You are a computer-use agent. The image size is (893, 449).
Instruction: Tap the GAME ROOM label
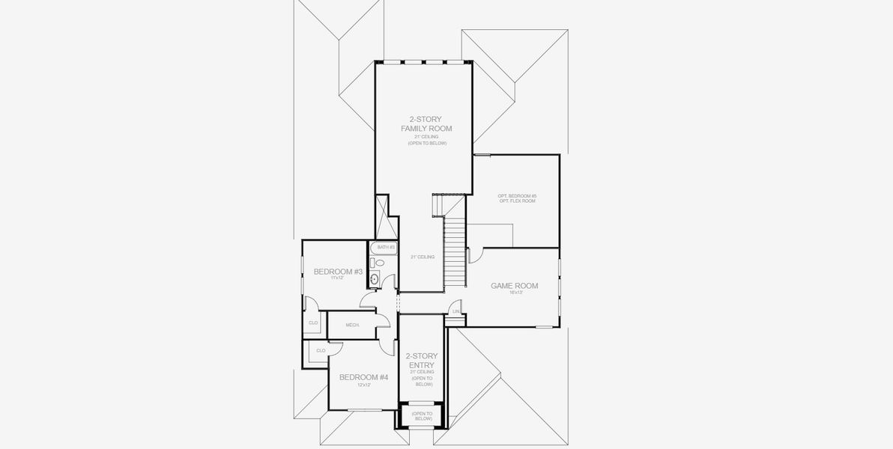[514, 286]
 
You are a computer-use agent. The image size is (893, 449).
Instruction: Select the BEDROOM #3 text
[338, 271]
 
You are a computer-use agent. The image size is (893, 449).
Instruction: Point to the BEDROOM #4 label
[363, 377]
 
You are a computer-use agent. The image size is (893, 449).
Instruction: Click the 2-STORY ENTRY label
[422, 361]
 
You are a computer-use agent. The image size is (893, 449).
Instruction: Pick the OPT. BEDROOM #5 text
[517, 196]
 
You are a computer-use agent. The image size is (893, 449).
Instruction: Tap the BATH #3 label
[386, 247]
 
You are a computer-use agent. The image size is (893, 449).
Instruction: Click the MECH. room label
[352, 325]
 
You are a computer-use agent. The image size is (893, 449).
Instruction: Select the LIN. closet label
[455, 311]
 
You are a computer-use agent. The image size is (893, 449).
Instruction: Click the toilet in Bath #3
[380, 263]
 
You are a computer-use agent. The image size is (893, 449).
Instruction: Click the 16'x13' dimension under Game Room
[514, 293]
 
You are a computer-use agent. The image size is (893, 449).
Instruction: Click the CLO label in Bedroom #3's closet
[312, 323]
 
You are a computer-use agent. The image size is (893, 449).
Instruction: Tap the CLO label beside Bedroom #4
[321, 349]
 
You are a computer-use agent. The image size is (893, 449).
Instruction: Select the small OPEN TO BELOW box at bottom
[422, 416]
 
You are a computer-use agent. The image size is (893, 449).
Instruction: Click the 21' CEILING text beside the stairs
[423, 257]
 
